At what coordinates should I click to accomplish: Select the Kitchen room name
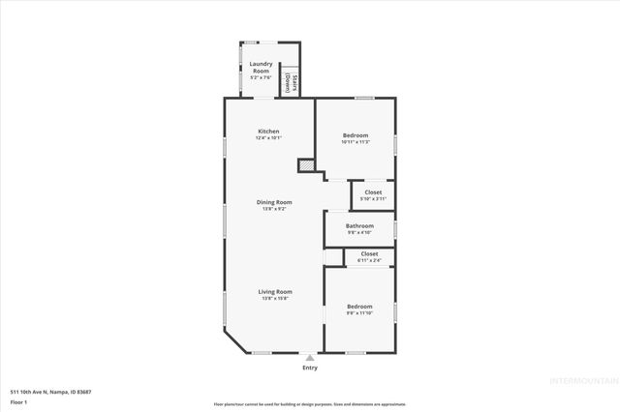[268, 132]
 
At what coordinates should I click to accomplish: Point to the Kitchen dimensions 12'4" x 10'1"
[268, 138]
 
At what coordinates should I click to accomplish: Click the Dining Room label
[274, 202]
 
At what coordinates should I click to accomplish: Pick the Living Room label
[275, 291]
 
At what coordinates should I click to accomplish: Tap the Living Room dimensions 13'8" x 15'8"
[275, 298]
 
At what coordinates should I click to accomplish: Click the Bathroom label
[359, 225]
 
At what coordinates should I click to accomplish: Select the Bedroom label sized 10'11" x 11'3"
[356, 135]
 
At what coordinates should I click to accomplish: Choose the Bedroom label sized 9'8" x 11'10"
[359, 307]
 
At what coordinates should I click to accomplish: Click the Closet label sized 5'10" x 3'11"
[373, 192]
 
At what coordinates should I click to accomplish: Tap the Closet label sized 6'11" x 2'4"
[369, 253]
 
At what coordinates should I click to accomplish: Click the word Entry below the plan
[310, 368]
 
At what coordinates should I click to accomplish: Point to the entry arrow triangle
[310, 357]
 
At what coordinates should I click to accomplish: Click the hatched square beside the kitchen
[306, 166]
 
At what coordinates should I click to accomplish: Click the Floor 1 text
[19, 401]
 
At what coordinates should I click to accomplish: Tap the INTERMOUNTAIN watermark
[581, 380]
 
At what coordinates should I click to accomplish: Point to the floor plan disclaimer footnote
[310, 403]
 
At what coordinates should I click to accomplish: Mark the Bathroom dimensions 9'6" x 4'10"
[359, 232]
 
